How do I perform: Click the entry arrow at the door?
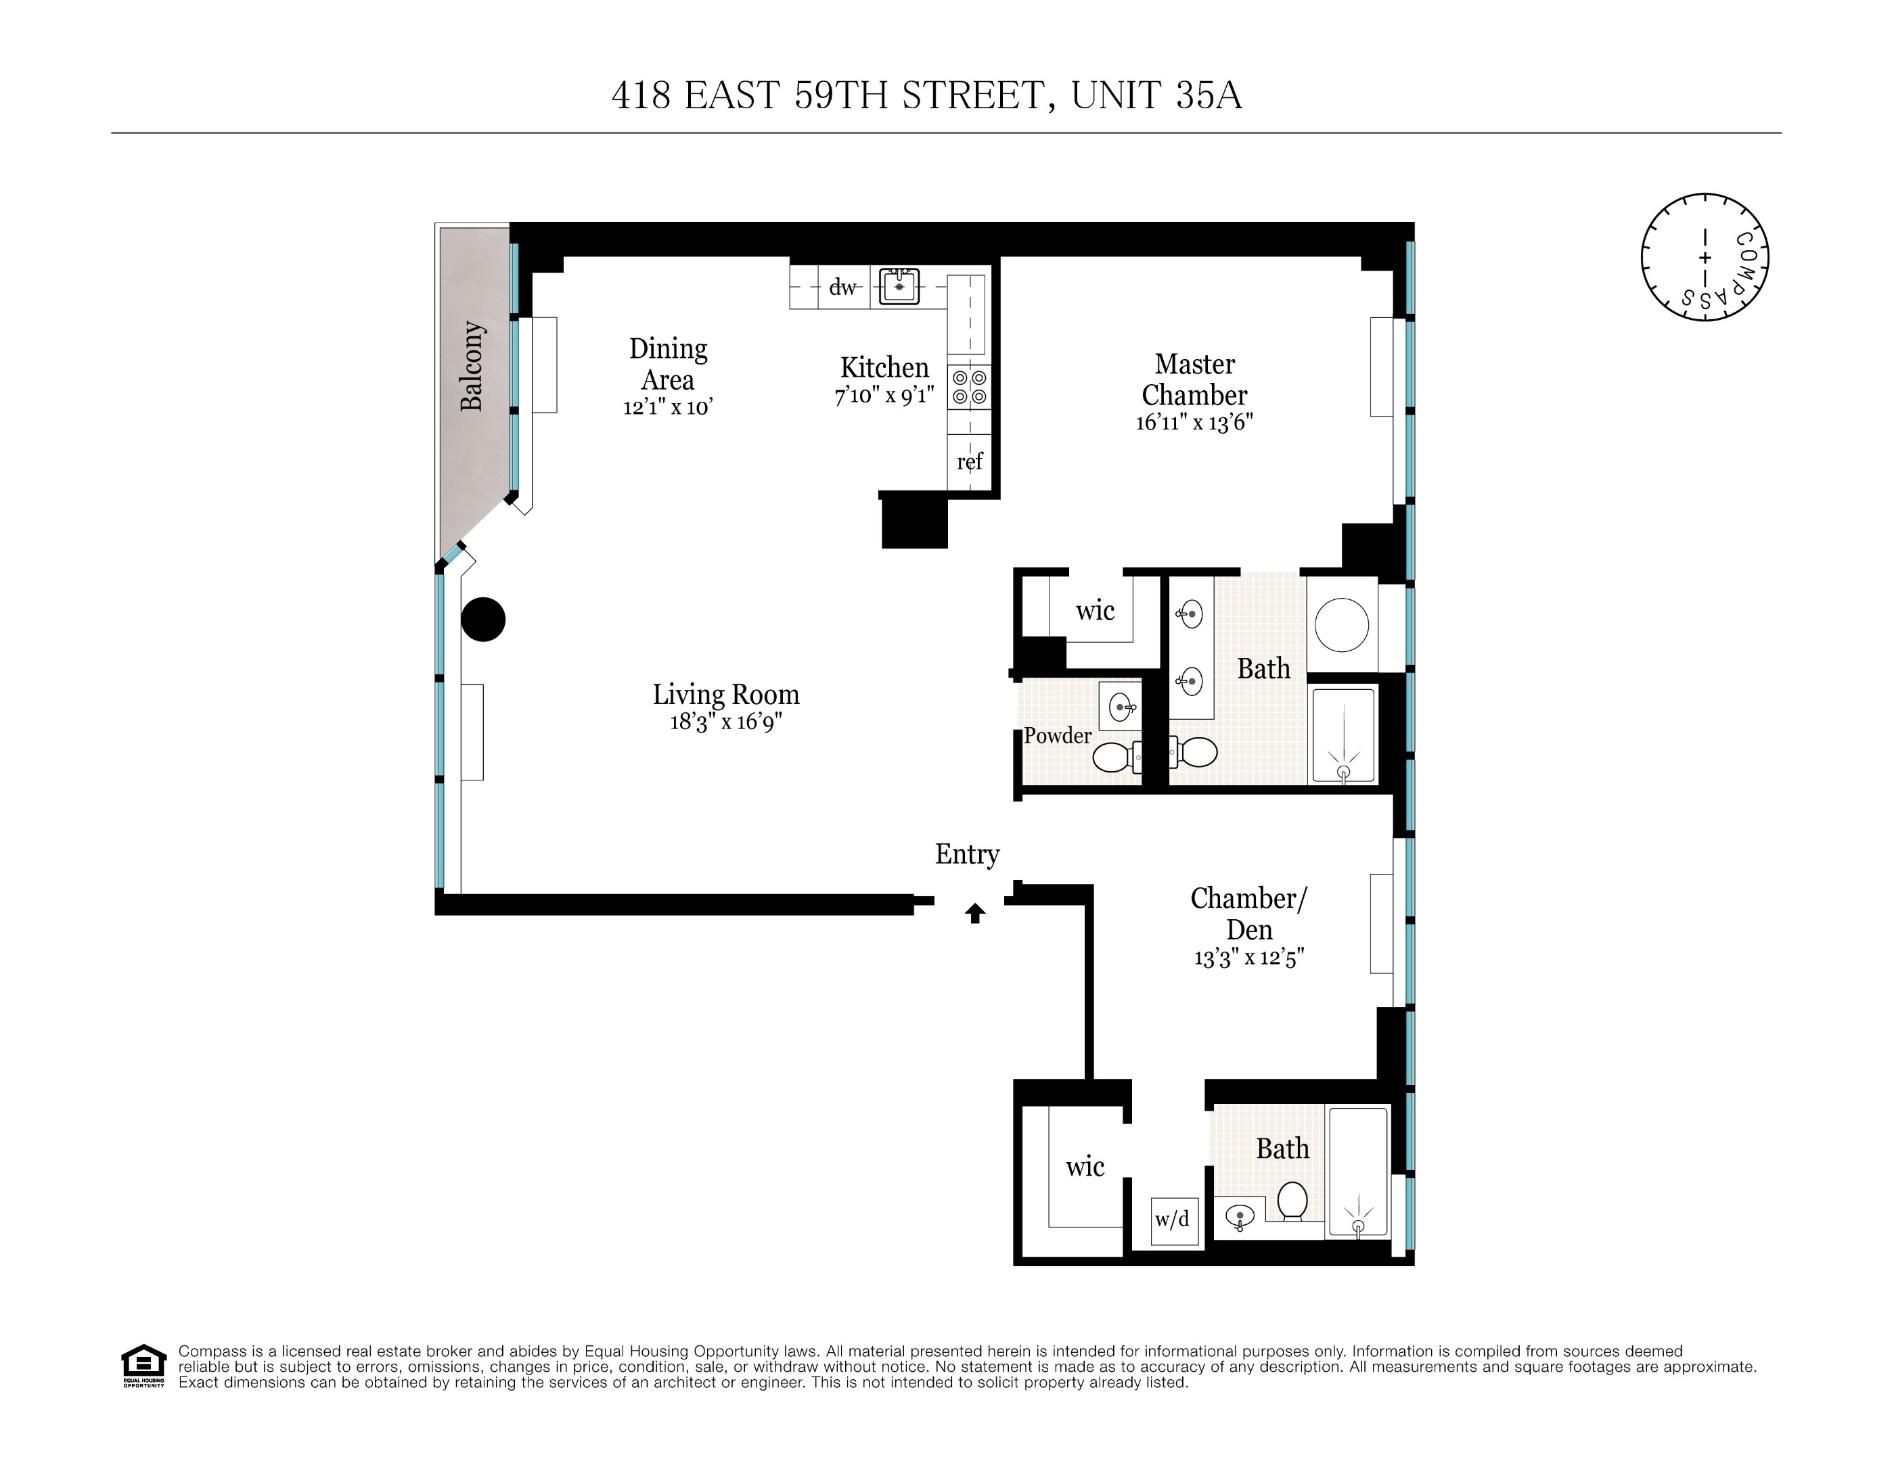[975, 913]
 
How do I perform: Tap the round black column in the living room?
[483, 619]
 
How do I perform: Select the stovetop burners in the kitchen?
[969, 388]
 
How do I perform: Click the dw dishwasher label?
[842, 287]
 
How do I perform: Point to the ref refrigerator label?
[969, 461]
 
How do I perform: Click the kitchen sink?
[899, 286]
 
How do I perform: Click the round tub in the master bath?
[1342, 624]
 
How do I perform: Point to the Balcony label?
[471, 365]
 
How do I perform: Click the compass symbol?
[1705, 258]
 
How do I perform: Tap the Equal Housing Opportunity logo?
[143, 1365]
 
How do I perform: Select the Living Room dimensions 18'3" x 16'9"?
[726, 722]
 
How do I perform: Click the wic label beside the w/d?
[1085, 1166]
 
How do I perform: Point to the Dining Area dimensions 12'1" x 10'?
[668, 407]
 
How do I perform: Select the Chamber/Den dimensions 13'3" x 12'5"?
[1248, 958]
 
